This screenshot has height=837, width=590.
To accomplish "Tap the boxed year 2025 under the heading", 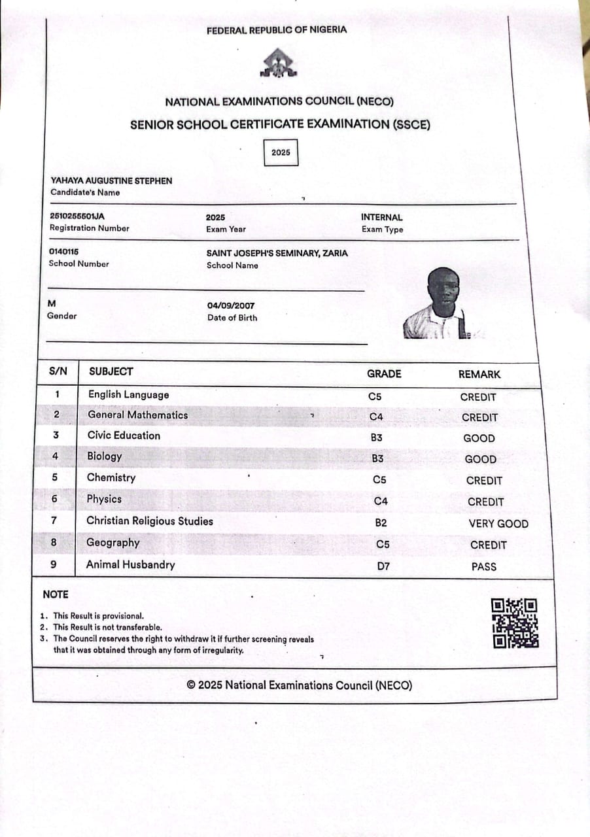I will (x=281, y=152).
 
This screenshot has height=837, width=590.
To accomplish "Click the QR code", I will (x=515, y=623).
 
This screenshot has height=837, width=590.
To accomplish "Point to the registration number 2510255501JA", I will (x=77, y=216).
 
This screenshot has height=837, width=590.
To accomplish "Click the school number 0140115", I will (x=64, y=252).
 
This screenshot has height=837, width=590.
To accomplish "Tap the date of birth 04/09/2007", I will (x=231, y=305).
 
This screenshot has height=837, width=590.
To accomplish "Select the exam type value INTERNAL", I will (x=382, y=217).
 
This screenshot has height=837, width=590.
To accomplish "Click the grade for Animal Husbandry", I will (x=383, y=566).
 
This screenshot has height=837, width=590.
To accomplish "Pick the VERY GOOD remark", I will (x=498, y=523).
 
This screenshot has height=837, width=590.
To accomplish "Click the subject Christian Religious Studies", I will (x=150, y=521).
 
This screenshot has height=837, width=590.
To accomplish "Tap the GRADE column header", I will (x=384, y=374).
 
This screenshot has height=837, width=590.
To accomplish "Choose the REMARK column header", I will (x=479, y=375).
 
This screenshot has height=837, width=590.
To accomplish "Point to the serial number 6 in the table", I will (x=54, y=499).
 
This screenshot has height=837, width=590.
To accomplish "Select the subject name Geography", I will (x=113, y=543).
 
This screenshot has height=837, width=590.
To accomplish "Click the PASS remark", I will (x=484, y=567).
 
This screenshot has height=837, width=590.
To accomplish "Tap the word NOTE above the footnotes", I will (x=56, y=594).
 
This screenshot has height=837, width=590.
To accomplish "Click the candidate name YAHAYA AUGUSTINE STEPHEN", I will (x=112, y=180).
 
